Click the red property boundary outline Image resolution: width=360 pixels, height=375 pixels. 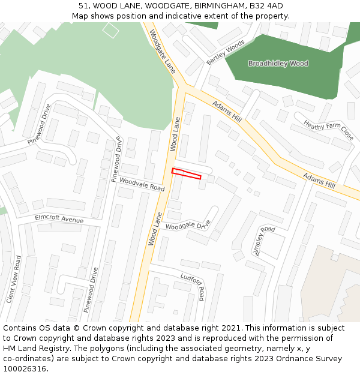point(186,173)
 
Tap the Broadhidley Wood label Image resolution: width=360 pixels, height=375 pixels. point(278,64)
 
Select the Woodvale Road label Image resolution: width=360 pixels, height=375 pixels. point(142,184)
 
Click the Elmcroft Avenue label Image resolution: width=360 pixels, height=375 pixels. point(59,219)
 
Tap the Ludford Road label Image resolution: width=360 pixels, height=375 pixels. point(193,286)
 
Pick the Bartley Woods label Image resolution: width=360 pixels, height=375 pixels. point(226,53)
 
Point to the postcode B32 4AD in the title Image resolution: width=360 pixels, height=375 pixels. point(266,6)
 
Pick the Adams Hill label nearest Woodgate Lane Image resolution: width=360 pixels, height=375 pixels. point(227,111)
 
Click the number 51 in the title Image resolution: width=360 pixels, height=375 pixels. point(83,6)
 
